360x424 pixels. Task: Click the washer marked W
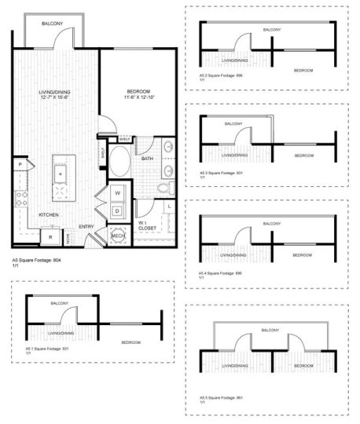[116, 193]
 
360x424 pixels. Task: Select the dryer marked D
[116, 210]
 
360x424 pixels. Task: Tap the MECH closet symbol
[117, 236]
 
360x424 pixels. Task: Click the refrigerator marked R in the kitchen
[50, 236]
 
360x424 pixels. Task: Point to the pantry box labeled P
[19, 166]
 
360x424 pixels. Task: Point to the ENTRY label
[86, 228]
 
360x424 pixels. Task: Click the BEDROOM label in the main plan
[138, 91]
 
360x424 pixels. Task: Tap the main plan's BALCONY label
[53, 24]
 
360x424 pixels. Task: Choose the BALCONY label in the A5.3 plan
[233, 123]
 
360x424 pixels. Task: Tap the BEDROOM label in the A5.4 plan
[303, 255]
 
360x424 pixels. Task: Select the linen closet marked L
[171, 206]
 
